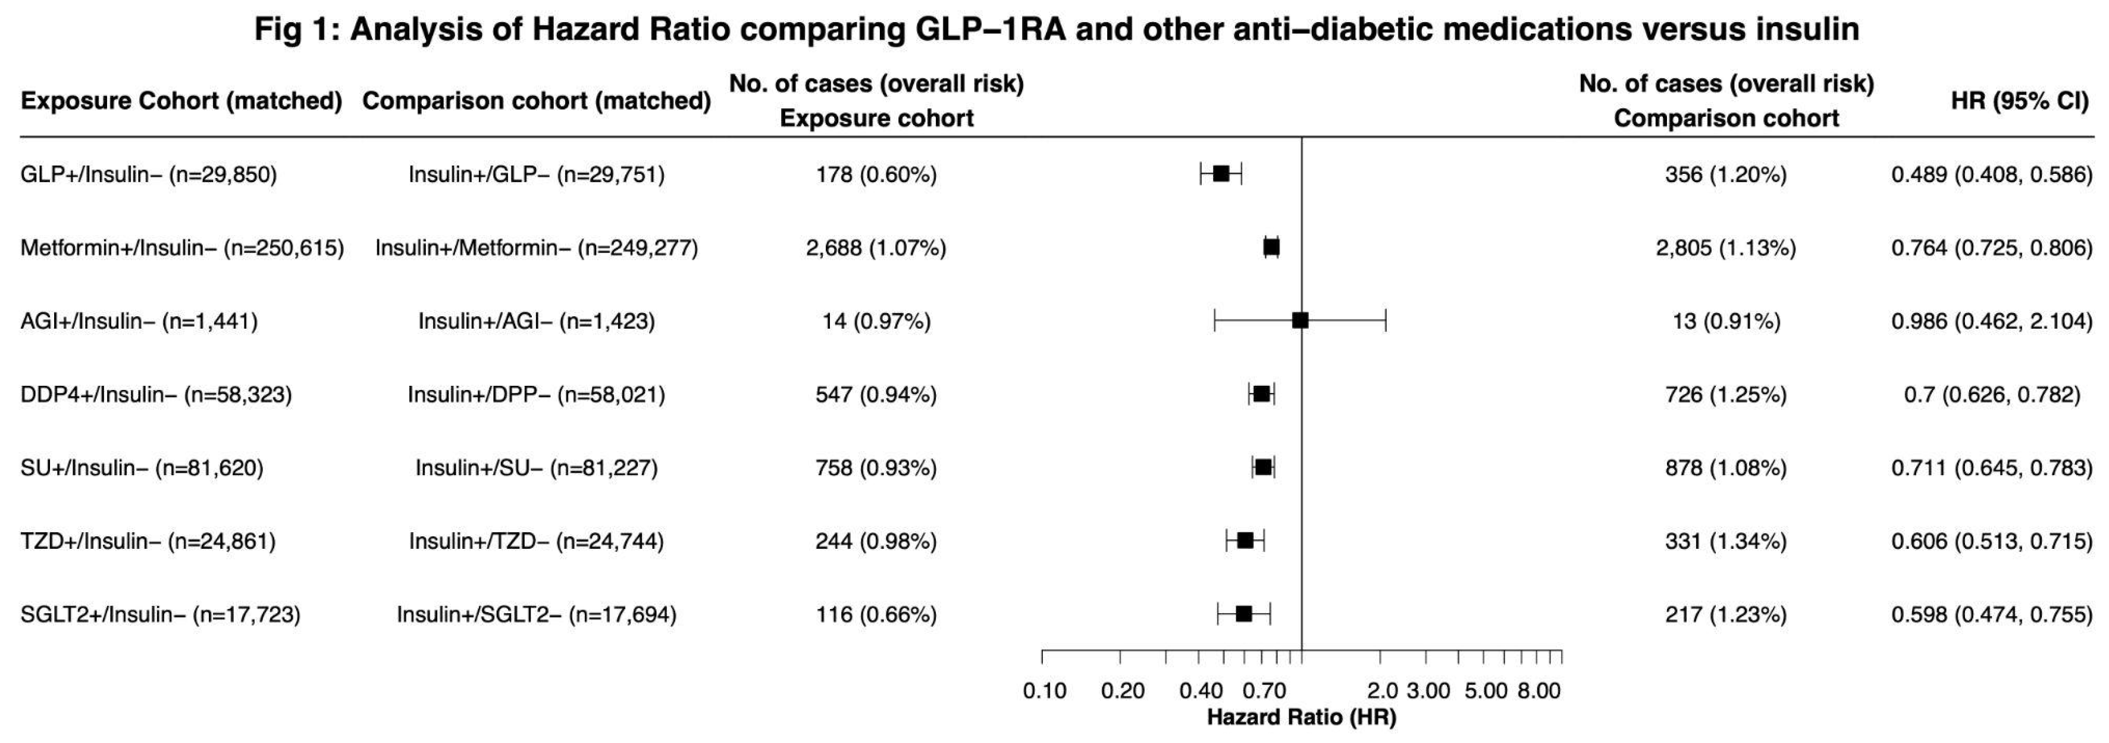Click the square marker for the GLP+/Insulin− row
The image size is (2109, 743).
(x=1221, y=174)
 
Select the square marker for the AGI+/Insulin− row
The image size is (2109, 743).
(x=1299, y=320)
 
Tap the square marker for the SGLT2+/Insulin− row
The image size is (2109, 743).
(x=1243, y=614)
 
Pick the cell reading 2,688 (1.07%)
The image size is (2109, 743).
(x=876, y=248)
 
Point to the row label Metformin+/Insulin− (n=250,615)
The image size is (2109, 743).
(x=182, y=248)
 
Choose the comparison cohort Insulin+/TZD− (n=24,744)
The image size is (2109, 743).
(x=536, y=541)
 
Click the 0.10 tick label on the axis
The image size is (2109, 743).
(x=1045, y=691)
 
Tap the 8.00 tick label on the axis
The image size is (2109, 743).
(x=1539, y=691)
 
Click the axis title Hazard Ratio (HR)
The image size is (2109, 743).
(x=1301, y=717)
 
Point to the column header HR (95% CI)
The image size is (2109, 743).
(x=2020, y=101)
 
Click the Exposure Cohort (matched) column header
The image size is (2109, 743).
(x=181, y=101)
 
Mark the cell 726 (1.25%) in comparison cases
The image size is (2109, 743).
(x=1726, y=395)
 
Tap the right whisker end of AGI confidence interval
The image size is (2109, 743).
(x=1385, y=320)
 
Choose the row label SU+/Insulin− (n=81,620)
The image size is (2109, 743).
(x=142, y=468)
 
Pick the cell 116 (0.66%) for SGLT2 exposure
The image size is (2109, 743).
(x=876, y=614)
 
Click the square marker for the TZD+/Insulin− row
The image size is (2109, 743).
(x=1245, y=541)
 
